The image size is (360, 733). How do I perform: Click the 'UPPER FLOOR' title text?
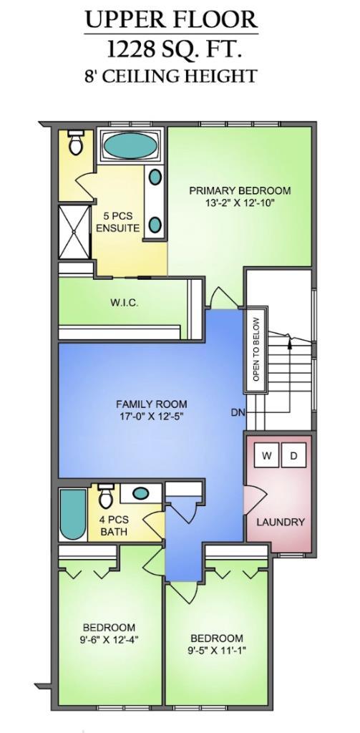coord(171,19)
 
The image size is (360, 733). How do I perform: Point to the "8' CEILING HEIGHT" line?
coord(170,76)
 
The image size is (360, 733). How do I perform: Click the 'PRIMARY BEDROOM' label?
coord(240,190)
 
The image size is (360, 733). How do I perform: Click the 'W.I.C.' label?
coord(124,303)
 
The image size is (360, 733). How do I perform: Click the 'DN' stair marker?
coord(238,412)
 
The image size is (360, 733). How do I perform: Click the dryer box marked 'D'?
coord(293,456)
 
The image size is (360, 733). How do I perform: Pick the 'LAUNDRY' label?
coord(281,522)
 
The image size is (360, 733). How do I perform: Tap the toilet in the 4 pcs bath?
coord(105,494)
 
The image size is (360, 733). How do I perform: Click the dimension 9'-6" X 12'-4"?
coord(110,635)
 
